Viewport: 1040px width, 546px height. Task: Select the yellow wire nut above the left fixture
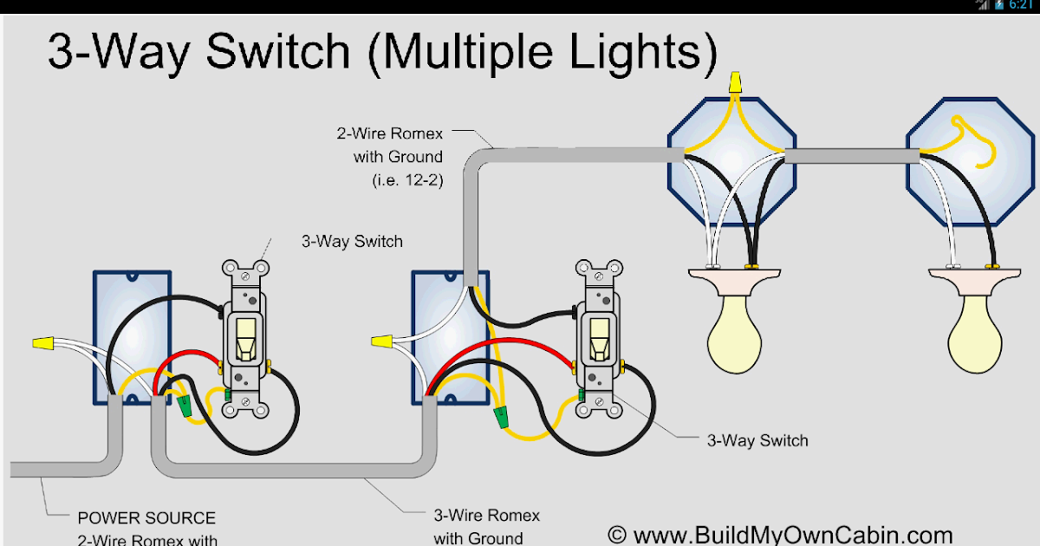point(735,83)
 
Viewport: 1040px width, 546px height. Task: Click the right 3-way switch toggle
point(598,338)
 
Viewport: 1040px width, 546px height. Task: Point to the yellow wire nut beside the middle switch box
point(380,344)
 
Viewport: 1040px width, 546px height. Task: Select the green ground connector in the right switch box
point(500,419)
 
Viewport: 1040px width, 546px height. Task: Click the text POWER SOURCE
point(146,517)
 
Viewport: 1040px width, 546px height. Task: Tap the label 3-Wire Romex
point(486,516)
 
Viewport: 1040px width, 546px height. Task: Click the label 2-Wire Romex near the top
point(389,134)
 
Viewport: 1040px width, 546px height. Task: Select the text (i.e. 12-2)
point(400,179)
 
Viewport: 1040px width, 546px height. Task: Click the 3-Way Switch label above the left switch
point(352,242)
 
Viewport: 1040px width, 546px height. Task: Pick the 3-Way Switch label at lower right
point(757,440)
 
